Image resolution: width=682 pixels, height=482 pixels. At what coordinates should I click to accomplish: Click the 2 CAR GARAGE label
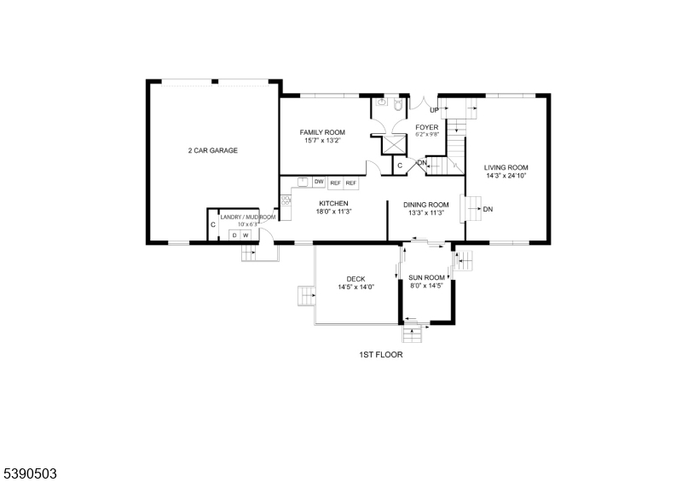[x=213, y=150]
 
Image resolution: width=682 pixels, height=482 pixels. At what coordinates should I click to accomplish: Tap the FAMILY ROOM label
[x=321, y=132]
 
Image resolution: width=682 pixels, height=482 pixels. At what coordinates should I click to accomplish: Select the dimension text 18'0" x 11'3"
[x=334, y=212]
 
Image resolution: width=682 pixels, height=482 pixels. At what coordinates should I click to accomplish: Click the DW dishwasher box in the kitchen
[x=319, y=182]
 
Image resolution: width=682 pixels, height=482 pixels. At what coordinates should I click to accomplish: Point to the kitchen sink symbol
[x=303, y=181]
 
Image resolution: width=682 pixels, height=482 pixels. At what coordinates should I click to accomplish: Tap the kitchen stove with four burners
[x=286, y=201]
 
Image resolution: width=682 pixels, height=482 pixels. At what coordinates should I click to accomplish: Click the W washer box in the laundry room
[x=246, y=235]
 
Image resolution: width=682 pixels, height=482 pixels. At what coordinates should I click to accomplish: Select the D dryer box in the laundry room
[x=234, y=235]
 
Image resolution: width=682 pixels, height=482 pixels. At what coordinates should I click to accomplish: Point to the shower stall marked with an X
[x=394, y=143]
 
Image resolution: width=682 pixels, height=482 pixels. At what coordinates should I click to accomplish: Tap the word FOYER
[x=426, y=127]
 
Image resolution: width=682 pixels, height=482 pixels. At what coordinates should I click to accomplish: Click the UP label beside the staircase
[x=434, y=110]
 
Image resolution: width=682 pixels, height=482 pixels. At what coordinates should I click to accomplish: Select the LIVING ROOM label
[x=506, y=167]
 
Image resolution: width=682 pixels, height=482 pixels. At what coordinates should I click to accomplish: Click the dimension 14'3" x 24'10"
[x=506, y=177]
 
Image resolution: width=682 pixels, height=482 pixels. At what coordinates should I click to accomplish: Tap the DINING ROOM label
[x=426, y=204]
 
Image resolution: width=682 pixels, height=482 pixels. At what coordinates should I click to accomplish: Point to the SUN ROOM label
[x=426, y=277]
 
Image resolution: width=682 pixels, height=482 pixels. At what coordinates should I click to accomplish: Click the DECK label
[x=355, y=279]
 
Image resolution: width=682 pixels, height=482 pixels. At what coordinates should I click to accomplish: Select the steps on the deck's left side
[x=305, y=296]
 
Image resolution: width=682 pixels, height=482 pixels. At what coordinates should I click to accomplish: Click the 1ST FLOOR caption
[x=380, y=354]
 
